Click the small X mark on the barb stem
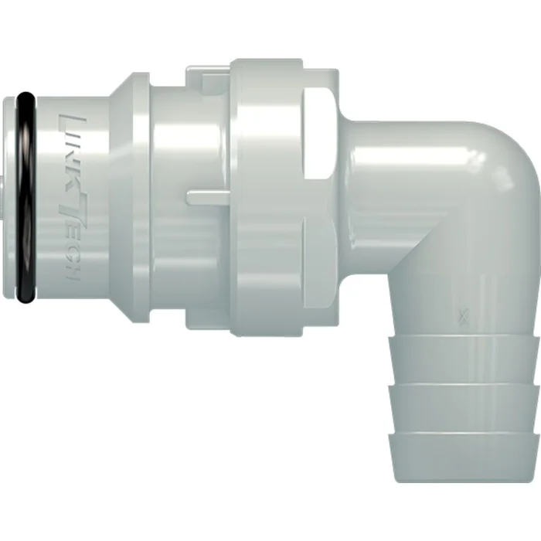coord(463,314)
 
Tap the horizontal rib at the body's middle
coord(209,198)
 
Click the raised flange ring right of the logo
coord(127,193)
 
